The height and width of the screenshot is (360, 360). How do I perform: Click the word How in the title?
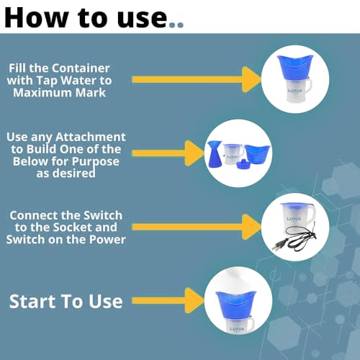point(36,18)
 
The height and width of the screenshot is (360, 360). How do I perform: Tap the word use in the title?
point(142,18)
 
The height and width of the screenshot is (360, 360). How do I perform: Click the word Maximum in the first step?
point(42,93)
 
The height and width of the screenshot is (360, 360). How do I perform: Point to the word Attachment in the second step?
point(90,137)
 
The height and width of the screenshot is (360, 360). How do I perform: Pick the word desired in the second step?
point(74,173)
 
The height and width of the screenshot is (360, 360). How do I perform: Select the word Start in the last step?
point(33,302)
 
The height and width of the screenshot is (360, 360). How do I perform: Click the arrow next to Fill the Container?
point(197,80)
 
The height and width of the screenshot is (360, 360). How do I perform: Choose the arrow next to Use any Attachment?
point(168,153)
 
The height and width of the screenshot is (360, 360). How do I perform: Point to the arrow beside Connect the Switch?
point(197,227)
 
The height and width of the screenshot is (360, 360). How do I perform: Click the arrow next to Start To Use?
point(168,300)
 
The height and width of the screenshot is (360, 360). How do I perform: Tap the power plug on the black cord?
point(279,246)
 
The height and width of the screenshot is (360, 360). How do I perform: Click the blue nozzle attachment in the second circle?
point(215,154)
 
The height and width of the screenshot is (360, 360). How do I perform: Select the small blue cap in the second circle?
point(243,164)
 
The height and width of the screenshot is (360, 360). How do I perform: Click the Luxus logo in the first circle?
point(295,91)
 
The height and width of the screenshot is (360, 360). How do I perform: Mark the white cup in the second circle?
point(233,154)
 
